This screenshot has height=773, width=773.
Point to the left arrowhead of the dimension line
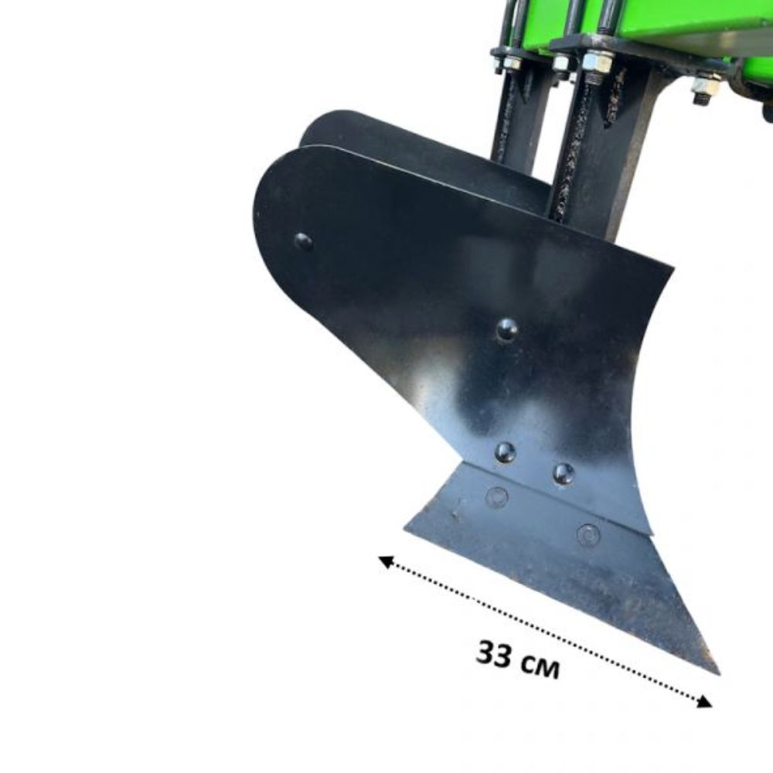pos(386,562)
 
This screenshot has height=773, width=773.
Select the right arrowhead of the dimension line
pos(703,701)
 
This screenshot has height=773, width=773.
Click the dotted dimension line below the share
pos(545,632)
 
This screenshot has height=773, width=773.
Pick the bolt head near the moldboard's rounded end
pos(303,241)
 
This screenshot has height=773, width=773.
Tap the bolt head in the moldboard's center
pos(507,329)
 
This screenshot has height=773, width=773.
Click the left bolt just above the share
pos(506,451)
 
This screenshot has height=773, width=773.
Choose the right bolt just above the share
pos(564,473)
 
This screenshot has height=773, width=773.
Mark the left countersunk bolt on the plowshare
pos(497,497)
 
